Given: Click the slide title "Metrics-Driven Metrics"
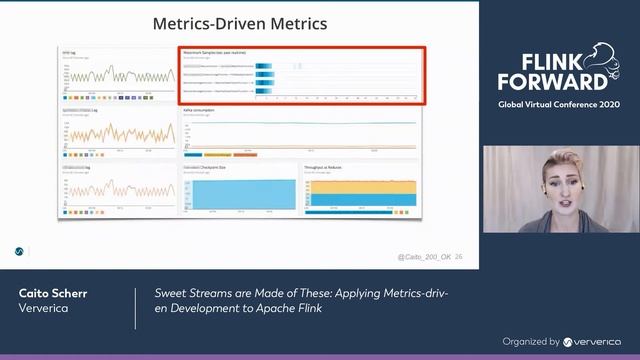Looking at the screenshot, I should pos(239,23).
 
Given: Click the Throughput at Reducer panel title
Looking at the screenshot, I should pos(330,168).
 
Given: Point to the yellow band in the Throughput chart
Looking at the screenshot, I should pos(360,186).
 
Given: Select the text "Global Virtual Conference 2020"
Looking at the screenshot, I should pos(559,105).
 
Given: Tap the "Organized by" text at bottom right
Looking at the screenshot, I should pos(531,341).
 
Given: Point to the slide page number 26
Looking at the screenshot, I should pos(458,257).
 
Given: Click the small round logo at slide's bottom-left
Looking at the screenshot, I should pos(19,251).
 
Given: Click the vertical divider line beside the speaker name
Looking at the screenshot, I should pos(136,309).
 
